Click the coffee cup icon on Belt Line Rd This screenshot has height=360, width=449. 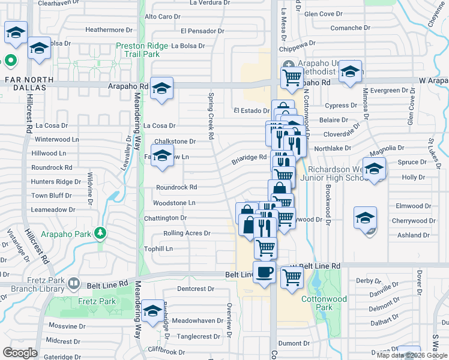tap(265, 273)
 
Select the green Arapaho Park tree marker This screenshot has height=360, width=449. tap(101, 232)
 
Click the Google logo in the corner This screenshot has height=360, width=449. tap(20, 353)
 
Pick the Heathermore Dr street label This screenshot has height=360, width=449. tap(109, 29)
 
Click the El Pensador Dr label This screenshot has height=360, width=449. tap(202, 31)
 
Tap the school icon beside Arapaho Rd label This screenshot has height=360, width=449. tap(161, 89)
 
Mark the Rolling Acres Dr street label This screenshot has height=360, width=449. tap(187, 233)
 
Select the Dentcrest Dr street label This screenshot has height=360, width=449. tap(196, 289)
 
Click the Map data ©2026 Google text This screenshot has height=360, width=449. tap(412, 355)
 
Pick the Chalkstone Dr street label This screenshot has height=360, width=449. tap(175, 142)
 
